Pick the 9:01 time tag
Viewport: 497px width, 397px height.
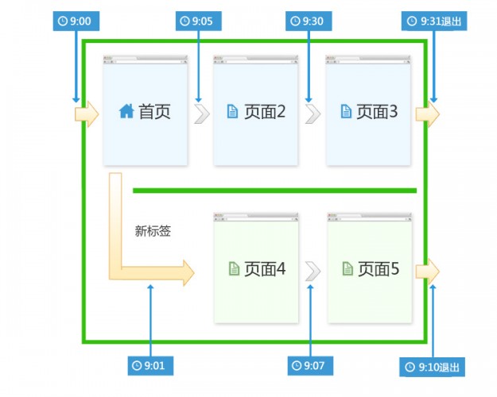[x=150, y=365]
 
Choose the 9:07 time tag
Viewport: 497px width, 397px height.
[x=310, y=365]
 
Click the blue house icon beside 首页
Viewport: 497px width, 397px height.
[x=126, y=112]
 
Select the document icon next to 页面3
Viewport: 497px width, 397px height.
[x=345, y=112]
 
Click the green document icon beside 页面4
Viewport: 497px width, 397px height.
[x=232, y=269]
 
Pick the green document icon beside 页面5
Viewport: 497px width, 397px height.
[x=347, y=269]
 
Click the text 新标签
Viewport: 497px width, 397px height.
[x=153, y=232]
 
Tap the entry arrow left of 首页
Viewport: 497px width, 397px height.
[x=86, y=114]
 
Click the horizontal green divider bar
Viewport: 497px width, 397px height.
[x=274, y=191]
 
